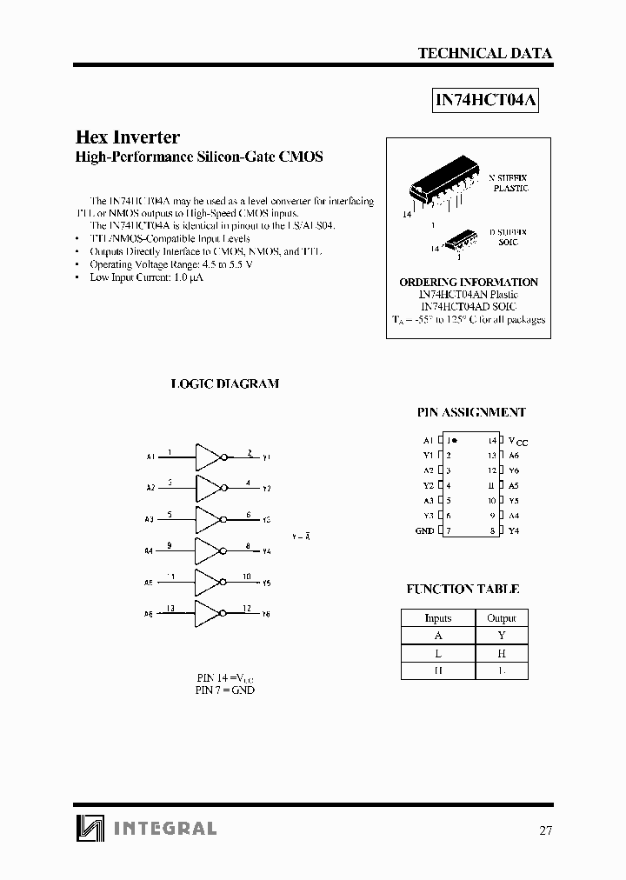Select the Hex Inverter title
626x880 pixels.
pos(128,137)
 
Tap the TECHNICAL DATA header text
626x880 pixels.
pos(484,53)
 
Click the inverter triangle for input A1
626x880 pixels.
pos(208,456)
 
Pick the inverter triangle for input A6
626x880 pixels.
pos(208,612)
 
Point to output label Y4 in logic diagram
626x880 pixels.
pos(266,551)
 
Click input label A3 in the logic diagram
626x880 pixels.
pos(150,519)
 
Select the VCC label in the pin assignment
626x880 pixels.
pos(517,442)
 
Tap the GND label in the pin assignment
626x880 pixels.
pos(424,530)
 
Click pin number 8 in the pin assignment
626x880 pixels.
pos(492,530)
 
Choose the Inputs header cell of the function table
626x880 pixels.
pos(437,617)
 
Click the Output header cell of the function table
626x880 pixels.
pos(501,617)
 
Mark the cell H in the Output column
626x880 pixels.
pos(501,652)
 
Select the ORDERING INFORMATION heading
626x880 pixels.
pos(468,283)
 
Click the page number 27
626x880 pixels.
pos(544,830)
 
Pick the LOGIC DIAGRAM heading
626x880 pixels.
pos(224,383)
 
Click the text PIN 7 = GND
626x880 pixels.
pos(225,690)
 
